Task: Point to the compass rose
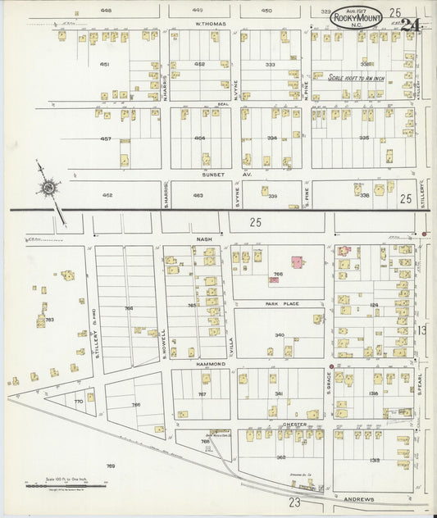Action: [49, 189]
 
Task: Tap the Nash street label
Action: [204, 239]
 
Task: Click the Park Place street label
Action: [282, 304]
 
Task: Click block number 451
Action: [105, 63]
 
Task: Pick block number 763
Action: [49, 320]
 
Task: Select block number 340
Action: [279, 334]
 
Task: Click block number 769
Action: [111, 466]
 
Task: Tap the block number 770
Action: [79, 402]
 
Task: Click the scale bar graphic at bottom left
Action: [66, 486]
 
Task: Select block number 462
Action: [107, 195]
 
